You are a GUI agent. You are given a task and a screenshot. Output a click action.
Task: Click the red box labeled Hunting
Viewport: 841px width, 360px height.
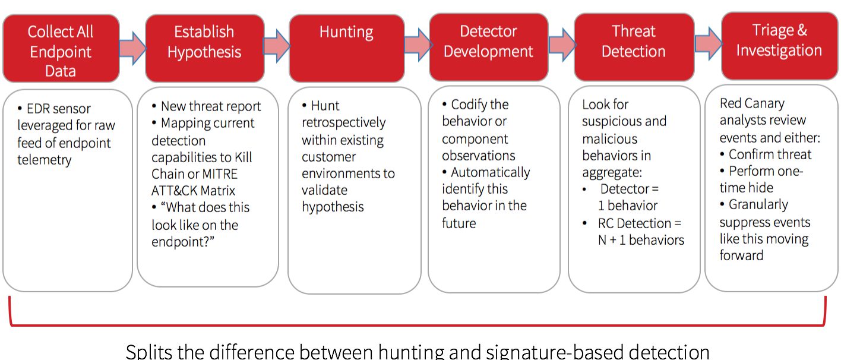(347, 48)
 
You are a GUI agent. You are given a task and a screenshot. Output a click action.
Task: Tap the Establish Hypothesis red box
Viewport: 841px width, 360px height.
(204, 48)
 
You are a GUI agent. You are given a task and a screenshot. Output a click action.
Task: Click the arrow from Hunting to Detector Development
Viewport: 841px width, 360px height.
(418, 45)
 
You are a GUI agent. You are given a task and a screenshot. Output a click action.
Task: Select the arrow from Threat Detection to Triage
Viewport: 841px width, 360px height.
(708, 43)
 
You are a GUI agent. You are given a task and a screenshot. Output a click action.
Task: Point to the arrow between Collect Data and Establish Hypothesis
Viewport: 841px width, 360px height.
(132, 48)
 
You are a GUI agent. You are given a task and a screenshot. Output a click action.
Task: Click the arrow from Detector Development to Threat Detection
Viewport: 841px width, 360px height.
(561, 45)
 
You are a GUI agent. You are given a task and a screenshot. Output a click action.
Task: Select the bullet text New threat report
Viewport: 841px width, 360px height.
(211, 106)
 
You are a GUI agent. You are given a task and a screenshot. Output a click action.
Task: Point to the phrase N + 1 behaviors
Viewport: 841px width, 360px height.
(641, 240)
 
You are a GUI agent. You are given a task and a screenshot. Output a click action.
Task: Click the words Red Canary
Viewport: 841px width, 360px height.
(752, 103)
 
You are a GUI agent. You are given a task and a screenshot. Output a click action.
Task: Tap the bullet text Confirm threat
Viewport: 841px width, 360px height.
(770, 154)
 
